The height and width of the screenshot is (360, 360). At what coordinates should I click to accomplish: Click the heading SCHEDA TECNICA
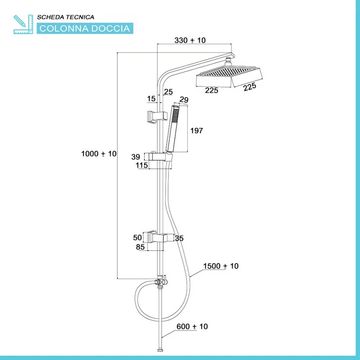point(65,17)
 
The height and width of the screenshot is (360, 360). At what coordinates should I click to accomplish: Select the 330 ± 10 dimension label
point(190,40)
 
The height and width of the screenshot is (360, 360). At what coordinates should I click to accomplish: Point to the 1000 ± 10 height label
point(99,154)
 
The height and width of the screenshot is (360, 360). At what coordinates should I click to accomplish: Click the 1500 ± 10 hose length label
point(220,266)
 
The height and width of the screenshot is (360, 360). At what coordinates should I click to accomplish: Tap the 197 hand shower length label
point(197,131)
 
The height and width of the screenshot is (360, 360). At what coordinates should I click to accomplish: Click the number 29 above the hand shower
point(184,99)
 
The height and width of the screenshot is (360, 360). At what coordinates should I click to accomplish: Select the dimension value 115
point(142,166)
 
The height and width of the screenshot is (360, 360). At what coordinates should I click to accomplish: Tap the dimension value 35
point(179,238)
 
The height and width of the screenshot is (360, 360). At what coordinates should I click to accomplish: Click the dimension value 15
point(151,98)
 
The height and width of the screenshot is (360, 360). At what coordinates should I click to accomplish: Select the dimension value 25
point(168,92)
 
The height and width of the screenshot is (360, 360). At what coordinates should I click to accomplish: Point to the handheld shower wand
point(172,128)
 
